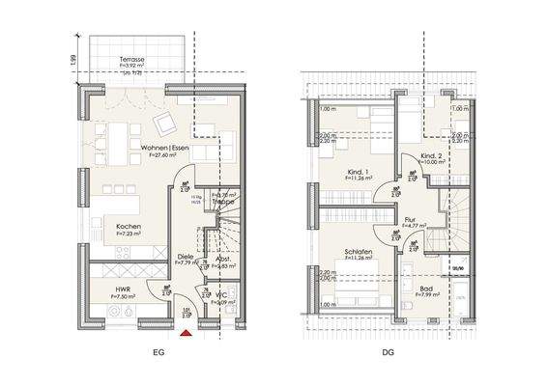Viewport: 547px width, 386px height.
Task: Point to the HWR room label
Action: (123, 289)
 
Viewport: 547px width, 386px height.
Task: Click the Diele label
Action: (184, 256)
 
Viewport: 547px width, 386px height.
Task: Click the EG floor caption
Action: (158, 354)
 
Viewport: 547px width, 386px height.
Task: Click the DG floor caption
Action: (387, 354)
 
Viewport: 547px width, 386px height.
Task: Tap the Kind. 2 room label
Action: (432, 155)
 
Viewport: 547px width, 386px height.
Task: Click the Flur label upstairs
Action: (410, 220)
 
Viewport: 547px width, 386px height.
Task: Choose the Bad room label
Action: (426, 289)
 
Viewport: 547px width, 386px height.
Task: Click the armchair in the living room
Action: (165, 122)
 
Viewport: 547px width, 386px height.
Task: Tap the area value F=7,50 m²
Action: (123, 297)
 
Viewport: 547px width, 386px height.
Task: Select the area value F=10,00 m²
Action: (432, 163)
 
